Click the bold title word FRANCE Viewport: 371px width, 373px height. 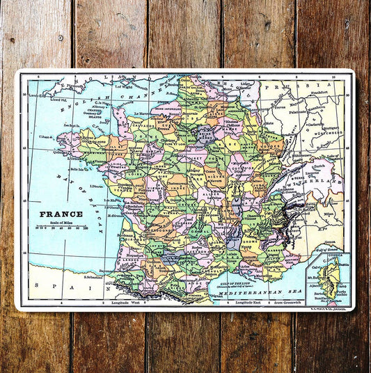61,214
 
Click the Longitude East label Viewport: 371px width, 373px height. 251,303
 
